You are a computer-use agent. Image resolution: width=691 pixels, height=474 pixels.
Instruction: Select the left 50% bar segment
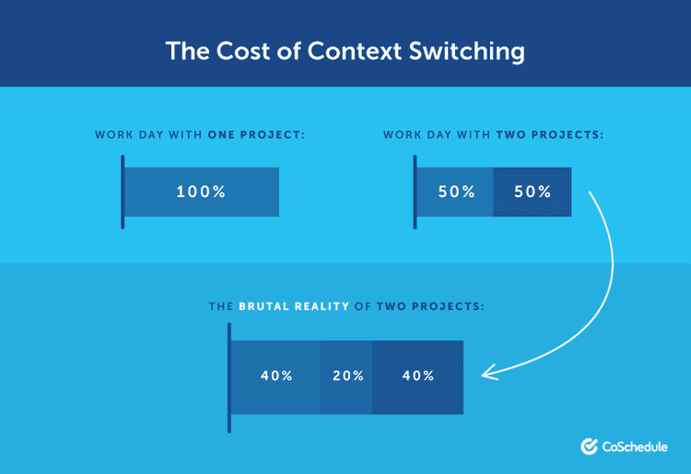click(x=455, y=192)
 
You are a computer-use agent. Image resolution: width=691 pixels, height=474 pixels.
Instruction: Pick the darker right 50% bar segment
click(x=533, y=192)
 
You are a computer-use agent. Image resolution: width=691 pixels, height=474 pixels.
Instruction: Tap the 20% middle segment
click(x=346, y=376)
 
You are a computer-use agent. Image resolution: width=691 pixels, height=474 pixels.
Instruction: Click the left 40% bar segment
click(x=275, y=376)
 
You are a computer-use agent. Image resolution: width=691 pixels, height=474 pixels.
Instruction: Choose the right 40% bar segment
click(x=417, y=376)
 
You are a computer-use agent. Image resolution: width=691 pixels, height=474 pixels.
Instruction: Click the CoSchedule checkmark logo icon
click(x=590, y=446)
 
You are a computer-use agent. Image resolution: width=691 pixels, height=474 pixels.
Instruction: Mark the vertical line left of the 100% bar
click(x=122, y=192)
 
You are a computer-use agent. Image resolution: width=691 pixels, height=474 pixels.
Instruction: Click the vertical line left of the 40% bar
click(x=228, y=376)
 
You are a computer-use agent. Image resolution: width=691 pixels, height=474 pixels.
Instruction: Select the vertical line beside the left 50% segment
click(x=415, y=192)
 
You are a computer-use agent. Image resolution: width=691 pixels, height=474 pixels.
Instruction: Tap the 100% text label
click(x=201, y=192)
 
